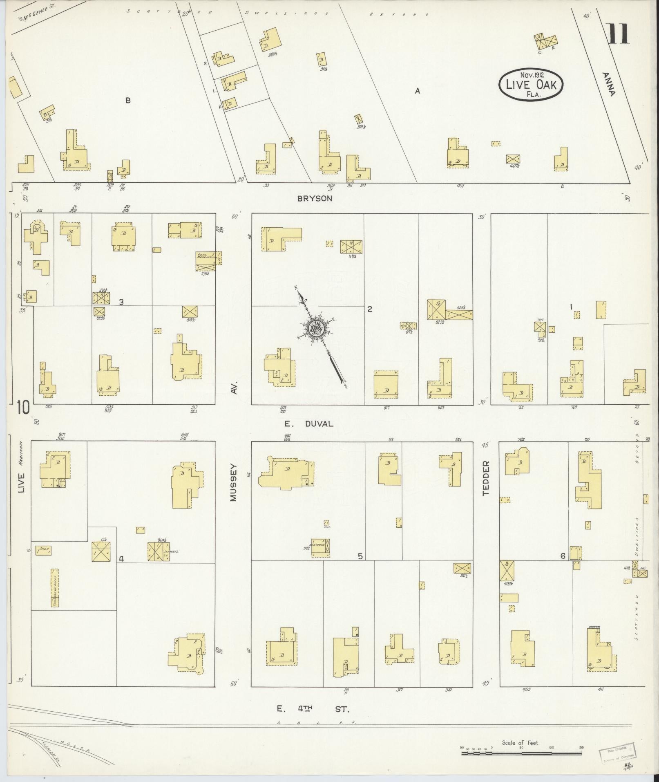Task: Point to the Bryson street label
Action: [x=315, y=198]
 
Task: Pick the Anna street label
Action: [x=608, y=84]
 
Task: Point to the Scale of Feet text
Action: [x=520, y=742]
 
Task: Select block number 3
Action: [x=121, y=302]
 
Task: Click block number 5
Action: [x=360, y=556]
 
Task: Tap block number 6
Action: [x=563, y=556]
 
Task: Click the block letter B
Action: [x=128, y=100]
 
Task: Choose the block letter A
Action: [x=417, y=91]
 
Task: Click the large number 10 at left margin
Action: [x=24, y=408]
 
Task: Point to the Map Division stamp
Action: [x=618, y=751]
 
